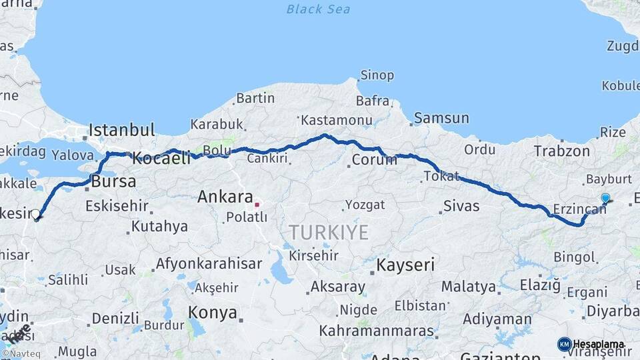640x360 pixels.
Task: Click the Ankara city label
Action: (224, 197)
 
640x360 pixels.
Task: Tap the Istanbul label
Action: (122, 129)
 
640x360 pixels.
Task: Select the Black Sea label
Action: (317, 9)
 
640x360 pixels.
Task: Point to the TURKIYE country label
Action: (328, 233)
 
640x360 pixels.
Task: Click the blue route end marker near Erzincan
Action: (605, 198)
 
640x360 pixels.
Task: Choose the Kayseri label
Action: (406, 265)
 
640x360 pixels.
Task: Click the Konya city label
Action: (213, 312)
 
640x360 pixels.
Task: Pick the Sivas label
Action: (461, 205)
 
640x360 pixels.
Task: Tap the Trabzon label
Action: (561, 151)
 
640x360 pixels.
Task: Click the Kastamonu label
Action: (336, 120)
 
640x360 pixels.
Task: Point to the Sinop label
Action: (377, 75)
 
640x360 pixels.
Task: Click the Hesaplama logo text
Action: (599, 345)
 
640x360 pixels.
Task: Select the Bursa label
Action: (114, 181)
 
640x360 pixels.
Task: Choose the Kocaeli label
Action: (161, 159)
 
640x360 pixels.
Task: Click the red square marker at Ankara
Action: (257, 204)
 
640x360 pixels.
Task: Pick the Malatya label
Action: (469, 287)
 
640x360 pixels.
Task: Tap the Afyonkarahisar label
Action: (209, 263)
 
